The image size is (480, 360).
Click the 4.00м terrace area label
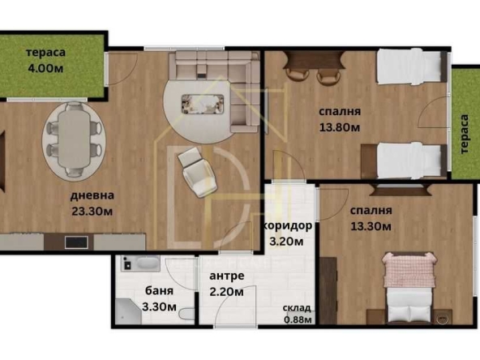(x=45, y=69)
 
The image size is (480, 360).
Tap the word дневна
(x=91, y=195)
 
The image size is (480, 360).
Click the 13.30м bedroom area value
(x=371, y=227)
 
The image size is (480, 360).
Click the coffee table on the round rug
(x=203, y=101)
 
